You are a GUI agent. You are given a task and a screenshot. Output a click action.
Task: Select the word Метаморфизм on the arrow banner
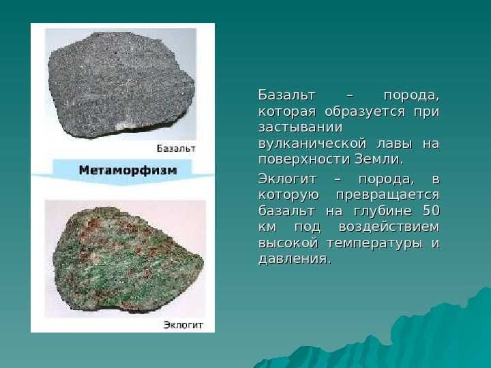[x=128, y=170]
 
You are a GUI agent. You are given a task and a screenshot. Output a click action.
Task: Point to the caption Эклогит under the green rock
[x=183, y=324]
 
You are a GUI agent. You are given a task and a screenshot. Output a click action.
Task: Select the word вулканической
[x=313, y=144]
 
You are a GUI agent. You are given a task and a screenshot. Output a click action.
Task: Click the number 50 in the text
[x=430, y=211]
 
